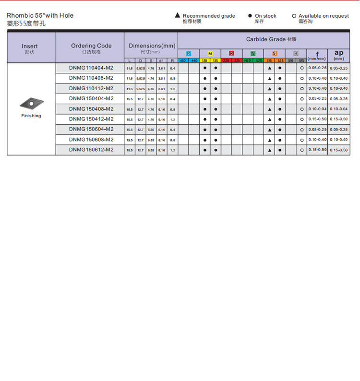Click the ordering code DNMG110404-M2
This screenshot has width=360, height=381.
91,68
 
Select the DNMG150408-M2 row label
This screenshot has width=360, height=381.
91,109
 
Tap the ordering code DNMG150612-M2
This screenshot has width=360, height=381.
91,150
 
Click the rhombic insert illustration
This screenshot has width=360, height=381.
31,103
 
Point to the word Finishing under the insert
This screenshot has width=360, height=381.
31,116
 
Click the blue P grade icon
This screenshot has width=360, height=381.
189,53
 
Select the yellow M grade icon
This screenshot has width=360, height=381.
210,53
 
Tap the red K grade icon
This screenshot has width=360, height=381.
231,53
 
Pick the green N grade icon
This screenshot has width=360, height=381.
253,53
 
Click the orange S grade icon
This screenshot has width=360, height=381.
275,53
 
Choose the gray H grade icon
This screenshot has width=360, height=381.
296,53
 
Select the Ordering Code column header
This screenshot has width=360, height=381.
91,46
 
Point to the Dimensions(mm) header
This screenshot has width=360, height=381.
151,46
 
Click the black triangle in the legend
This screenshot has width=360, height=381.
178,16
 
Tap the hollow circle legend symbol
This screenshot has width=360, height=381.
294,16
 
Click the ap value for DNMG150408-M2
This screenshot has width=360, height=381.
339,109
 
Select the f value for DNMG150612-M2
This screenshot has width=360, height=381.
317,150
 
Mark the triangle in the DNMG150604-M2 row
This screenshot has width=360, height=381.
270,130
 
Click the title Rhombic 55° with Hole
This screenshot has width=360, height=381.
40,16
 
